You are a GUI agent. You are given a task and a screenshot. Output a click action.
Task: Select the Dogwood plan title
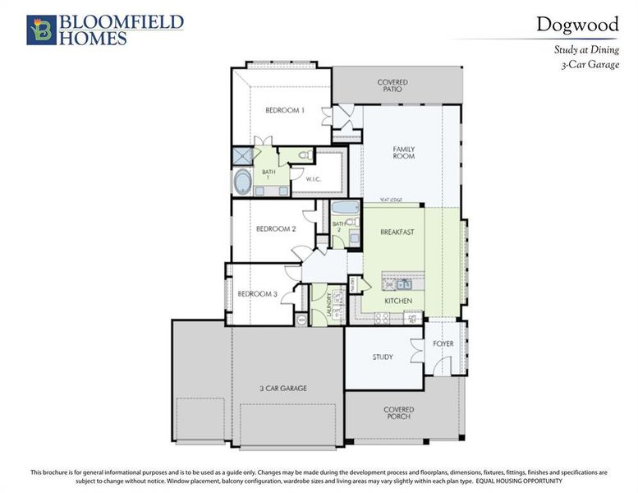tap(577, 24)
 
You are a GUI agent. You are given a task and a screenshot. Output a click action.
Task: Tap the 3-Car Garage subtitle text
tap(587, 64)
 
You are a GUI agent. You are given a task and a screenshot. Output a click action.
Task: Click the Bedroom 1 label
tap(285, 110)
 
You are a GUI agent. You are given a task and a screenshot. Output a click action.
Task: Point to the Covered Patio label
tap(392, 85)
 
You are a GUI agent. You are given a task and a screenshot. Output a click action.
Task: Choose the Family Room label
tap(403, 153)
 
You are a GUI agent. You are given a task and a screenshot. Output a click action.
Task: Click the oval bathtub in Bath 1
tap(242, 182)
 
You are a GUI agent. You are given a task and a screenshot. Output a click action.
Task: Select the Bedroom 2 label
tap(276, 229)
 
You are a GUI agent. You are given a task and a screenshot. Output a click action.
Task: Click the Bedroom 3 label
tap(258, 294)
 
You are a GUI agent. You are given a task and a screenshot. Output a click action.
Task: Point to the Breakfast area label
tap(397, 233)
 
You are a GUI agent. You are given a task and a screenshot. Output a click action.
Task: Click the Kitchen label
tap(398, 302)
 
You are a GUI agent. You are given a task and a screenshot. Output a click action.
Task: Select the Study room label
tap(382, 357)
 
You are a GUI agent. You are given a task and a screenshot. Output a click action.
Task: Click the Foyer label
tap(443, 343)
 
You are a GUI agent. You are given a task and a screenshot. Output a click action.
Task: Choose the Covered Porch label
tap(398, 412)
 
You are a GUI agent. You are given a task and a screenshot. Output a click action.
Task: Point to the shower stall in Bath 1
tap(242, 156)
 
